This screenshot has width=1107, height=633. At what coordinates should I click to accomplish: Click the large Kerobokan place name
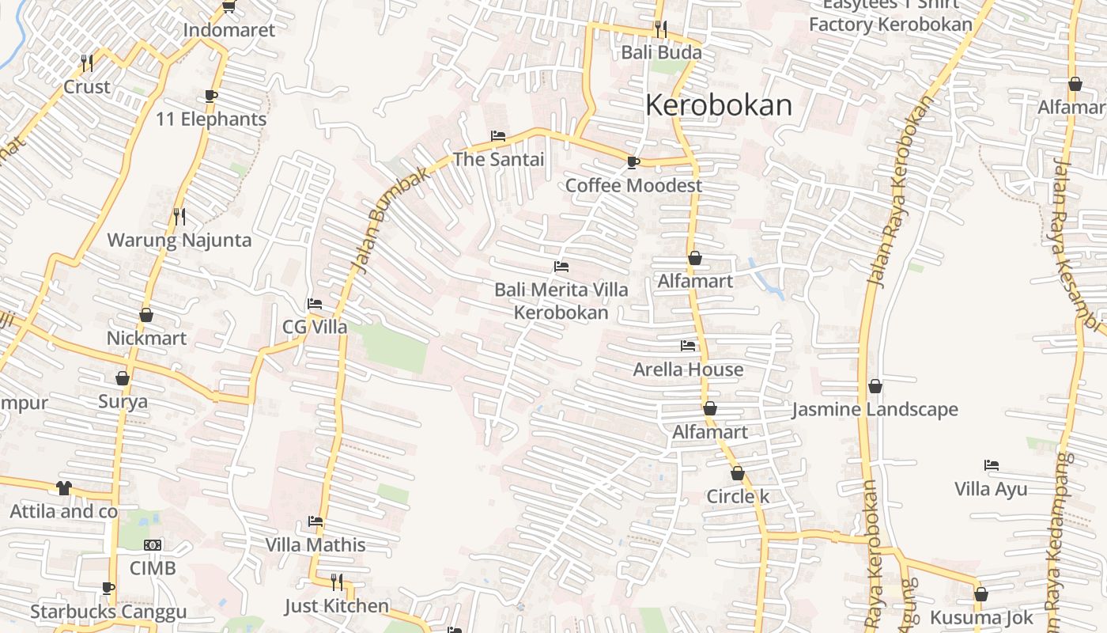pyautogui.click(x=719, y=105)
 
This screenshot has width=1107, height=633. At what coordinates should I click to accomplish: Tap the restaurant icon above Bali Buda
pyautogui.click(x=661, y=29)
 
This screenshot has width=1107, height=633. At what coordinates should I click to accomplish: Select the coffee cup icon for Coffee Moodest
pyautogui.click(x=633, y=162)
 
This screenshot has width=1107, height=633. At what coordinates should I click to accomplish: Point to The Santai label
pyautogui.click(x=498, y=159)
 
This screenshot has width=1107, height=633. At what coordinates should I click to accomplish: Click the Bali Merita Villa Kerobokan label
pyautogui.click(x=561, y=301)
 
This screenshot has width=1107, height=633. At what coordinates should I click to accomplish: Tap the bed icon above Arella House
pyautogui.click(x=688, y=346)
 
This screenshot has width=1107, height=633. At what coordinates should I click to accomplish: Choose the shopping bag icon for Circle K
pyautogui.click(x=738, y=474)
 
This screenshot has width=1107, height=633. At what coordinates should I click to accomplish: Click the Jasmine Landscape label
pyautogui.click(x=875, y=410)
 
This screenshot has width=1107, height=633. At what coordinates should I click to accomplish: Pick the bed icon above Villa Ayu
pyautogui.click(x=991, y=465)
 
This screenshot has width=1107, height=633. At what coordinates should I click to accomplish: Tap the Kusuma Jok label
pyautogui.click(x=981, y=617)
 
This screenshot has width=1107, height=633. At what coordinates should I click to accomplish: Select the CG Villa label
pyautogui.click(x=315, y=327)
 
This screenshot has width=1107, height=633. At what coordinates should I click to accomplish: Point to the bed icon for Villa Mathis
pyautogui.click(x=315, y=521)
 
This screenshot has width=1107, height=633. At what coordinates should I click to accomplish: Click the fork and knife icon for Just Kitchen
pyautogui.click(x=337, y=582)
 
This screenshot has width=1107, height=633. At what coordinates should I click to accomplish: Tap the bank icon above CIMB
pyautogui.click(x=153, y=545)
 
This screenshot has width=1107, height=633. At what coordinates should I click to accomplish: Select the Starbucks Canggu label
pyautogui.click(x=108, y=612)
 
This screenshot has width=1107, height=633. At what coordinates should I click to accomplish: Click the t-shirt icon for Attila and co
pyautogui.click(x=63, y=488)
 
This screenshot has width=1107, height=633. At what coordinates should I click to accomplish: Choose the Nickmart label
pyautogui.click(x=146, y=338)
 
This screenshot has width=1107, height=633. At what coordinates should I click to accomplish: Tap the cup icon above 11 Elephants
pyautogui.click(x=211, y=96)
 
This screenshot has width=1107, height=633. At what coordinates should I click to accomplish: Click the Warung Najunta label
pyautogui.click(x=179, y=241)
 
